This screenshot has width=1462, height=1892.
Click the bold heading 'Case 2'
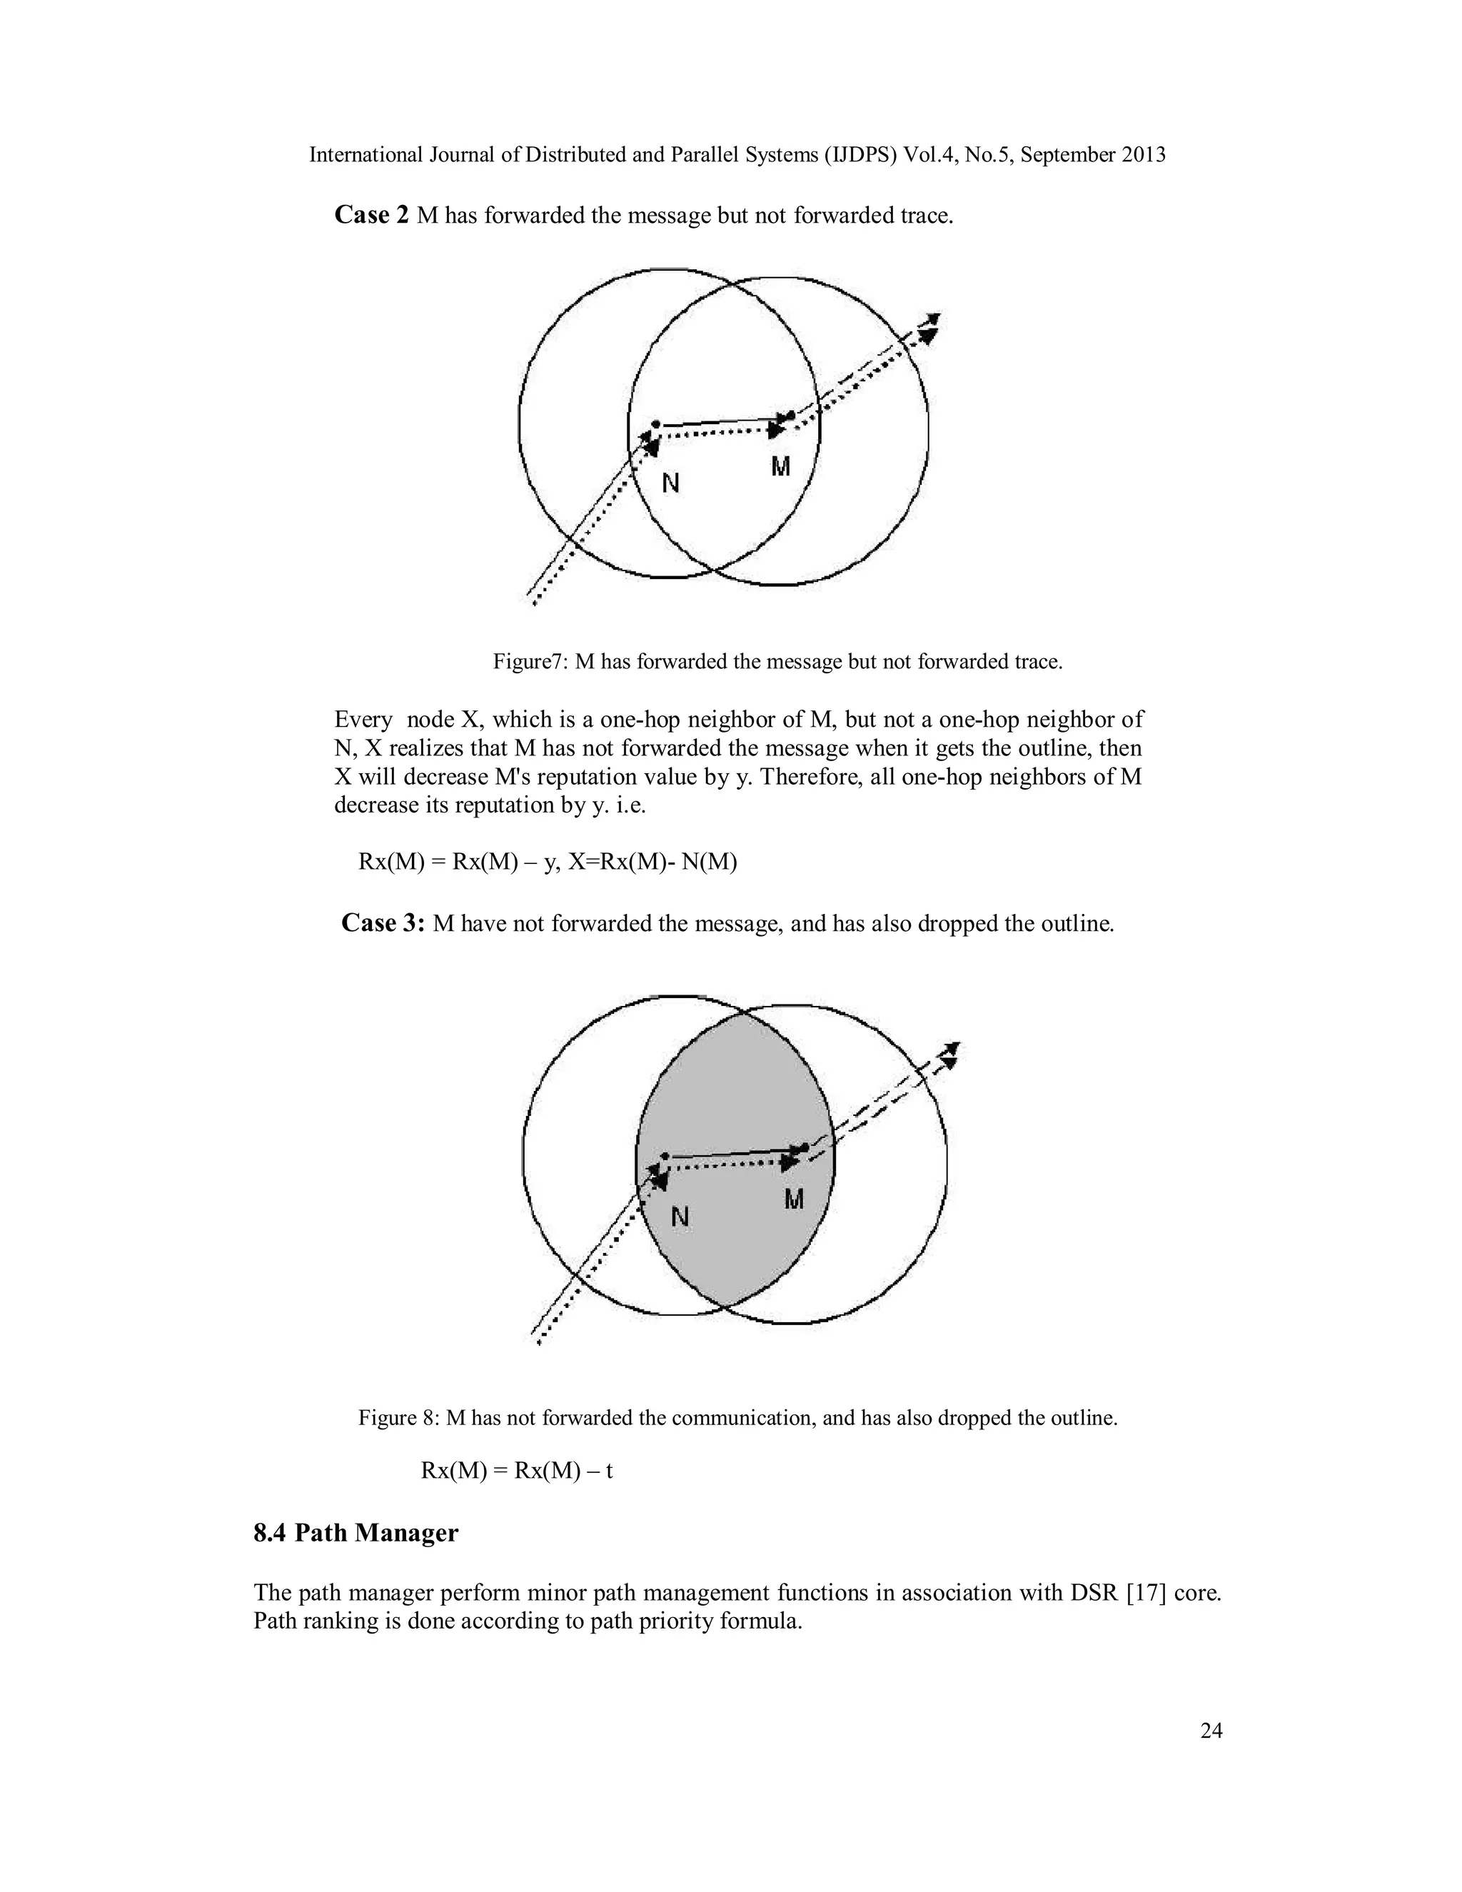click(370, 215)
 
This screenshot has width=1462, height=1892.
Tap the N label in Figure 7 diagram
click(670, 483)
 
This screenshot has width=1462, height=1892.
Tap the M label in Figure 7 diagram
click(780, 468)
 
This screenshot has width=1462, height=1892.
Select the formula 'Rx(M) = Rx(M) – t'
click(517, 1471)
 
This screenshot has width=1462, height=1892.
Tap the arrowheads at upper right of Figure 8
click(950, 1055)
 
